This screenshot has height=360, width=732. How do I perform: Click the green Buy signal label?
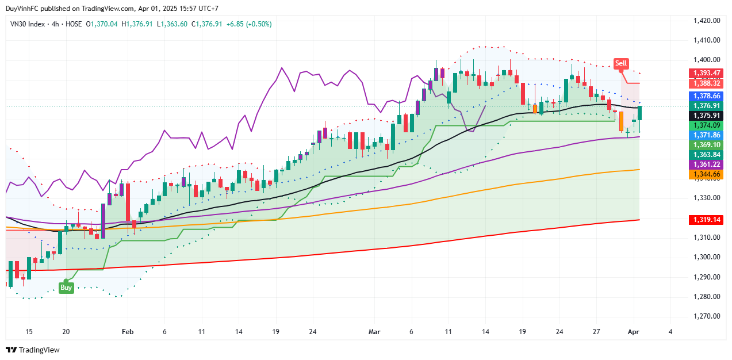click(66, 288)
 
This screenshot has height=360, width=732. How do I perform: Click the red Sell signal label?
click(620, 63)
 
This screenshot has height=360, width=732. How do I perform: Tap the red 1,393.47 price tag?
click(707, 73)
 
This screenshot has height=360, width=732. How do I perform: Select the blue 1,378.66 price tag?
click(707, 95)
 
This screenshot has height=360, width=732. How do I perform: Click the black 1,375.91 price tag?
click(707, 116)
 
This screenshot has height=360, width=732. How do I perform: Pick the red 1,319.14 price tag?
click(707, 220)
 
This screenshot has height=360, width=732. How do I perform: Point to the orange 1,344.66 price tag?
click(707, 174)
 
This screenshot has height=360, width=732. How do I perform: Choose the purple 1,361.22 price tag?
click(707, 164)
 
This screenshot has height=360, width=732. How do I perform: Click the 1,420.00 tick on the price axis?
click(707, 21)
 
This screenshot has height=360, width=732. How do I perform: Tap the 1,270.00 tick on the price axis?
click(707, 316)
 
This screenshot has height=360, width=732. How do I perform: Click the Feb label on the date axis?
click(128, 332)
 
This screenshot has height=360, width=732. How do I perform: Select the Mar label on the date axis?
click(374, 332)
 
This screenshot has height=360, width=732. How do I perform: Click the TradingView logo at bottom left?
click(33, 350)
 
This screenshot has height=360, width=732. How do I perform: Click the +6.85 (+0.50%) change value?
click(249, 24)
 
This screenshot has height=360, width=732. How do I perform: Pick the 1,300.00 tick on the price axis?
click(707, 257)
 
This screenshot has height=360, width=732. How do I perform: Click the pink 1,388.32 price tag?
click(707, 83)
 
